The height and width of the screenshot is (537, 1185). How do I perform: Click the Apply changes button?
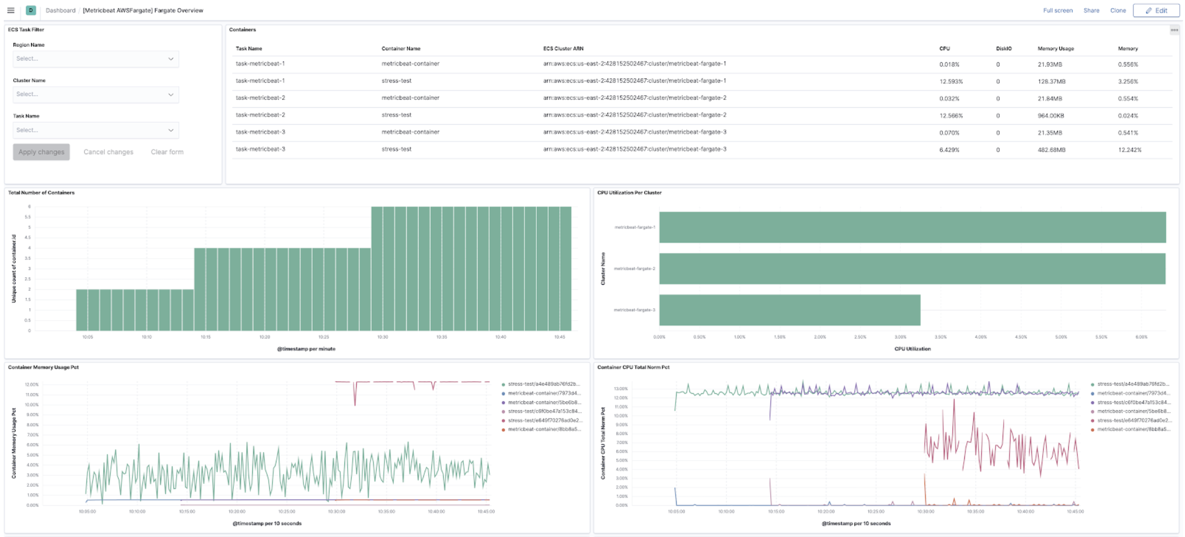pyautogui.click(x=41, y=152)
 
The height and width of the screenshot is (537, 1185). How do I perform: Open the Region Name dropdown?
pyautogui.click(x=95, y=59)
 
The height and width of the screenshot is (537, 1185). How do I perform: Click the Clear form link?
pyautogui.click(x=167, y=152)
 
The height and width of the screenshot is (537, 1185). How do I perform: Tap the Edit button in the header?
pyautogui.click(x=1156, y=10)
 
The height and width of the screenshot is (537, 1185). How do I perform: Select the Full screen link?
pyautogui.click(x=1057, y=10)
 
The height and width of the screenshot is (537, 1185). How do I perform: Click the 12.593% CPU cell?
pyautogui.click(x=951, y=81)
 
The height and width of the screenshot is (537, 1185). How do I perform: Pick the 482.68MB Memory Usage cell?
pyautogui.click(x=1051, y=150)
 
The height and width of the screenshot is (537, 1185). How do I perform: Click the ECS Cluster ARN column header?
pyautogui.click(x=563, y=49)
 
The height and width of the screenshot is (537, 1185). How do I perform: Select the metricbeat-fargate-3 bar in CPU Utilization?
pyautogui.click(x=789, y=310)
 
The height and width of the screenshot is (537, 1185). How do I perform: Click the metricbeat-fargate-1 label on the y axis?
pyautogui.click(x=634, y=227)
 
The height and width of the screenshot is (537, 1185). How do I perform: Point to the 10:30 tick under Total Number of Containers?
pyautogui.click(x=382, y=337)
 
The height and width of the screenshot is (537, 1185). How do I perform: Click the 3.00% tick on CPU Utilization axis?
pyautogui.click(x=900, y=337)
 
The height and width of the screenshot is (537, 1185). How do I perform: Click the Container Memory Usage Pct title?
pyautogui.click(x=43, y=367)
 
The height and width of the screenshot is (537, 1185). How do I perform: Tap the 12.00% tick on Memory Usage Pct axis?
pyautogui.click(x=32, y=385)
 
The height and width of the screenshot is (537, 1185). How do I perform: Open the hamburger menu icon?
pyautogui.click(x=11, y=10)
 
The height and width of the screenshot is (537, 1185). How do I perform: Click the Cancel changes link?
pyautogui.click(x=108, y=152)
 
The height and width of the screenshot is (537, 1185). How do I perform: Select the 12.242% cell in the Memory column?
pyautogui.click(x=1129, y=150)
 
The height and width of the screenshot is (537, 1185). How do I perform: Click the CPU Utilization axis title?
pyautogui.click(x=912, y=349)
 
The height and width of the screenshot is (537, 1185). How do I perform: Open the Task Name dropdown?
pyautogui.click(x=95, y=130)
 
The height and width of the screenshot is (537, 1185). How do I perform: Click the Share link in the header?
pyautogui.click(x=1091, y=10)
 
